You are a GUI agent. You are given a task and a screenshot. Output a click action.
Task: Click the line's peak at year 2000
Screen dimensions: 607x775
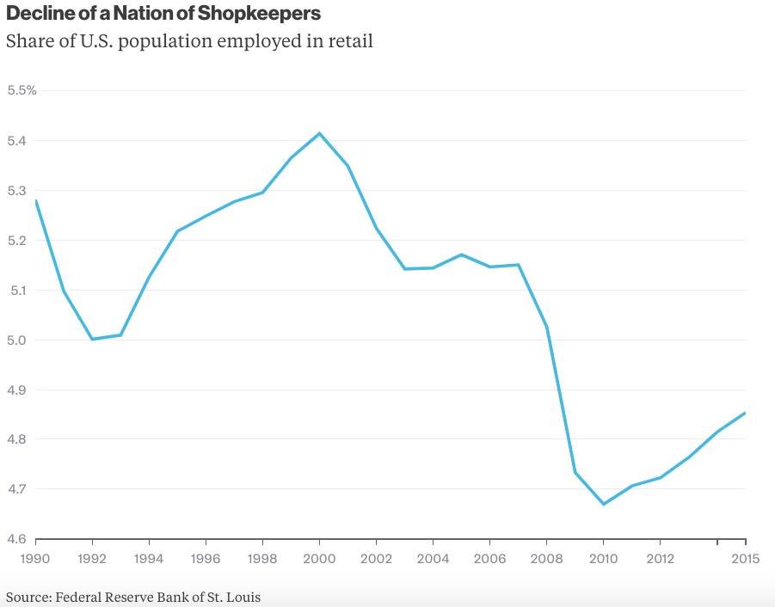[x=319, y=133]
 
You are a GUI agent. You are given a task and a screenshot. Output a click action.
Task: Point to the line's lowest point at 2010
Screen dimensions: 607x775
[x=603, y=504]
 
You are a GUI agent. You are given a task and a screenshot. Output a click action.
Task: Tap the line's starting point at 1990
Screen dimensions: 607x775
[x=36, y=200]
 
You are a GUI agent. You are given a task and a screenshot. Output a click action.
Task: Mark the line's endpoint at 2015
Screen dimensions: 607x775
[x=745, y=413]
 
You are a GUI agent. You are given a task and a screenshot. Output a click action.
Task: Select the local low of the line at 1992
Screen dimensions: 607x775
[x=92, y=339]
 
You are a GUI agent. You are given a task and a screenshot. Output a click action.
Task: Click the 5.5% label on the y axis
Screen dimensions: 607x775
[x=22, y=90]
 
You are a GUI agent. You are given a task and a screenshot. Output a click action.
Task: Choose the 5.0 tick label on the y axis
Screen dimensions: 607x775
[x=16, y=340]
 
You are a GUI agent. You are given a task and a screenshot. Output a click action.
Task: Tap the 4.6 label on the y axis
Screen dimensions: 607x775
[x=16, y=539]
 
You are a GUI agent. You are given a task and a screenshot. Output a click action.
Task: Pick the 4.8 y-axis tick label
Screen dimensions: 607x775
[x=16, y=439]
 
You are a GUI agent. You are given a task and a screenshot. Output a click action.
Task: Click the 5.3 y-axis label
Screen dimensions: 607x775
[x=16, y=190]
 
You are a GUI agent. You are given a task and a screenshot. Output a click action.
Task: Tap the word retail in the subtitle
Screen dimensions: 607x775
[x=348, y=40]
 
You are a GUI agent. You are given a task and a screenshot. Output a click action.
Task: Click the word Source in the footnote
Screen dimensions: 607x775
[x=28, y=596]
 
